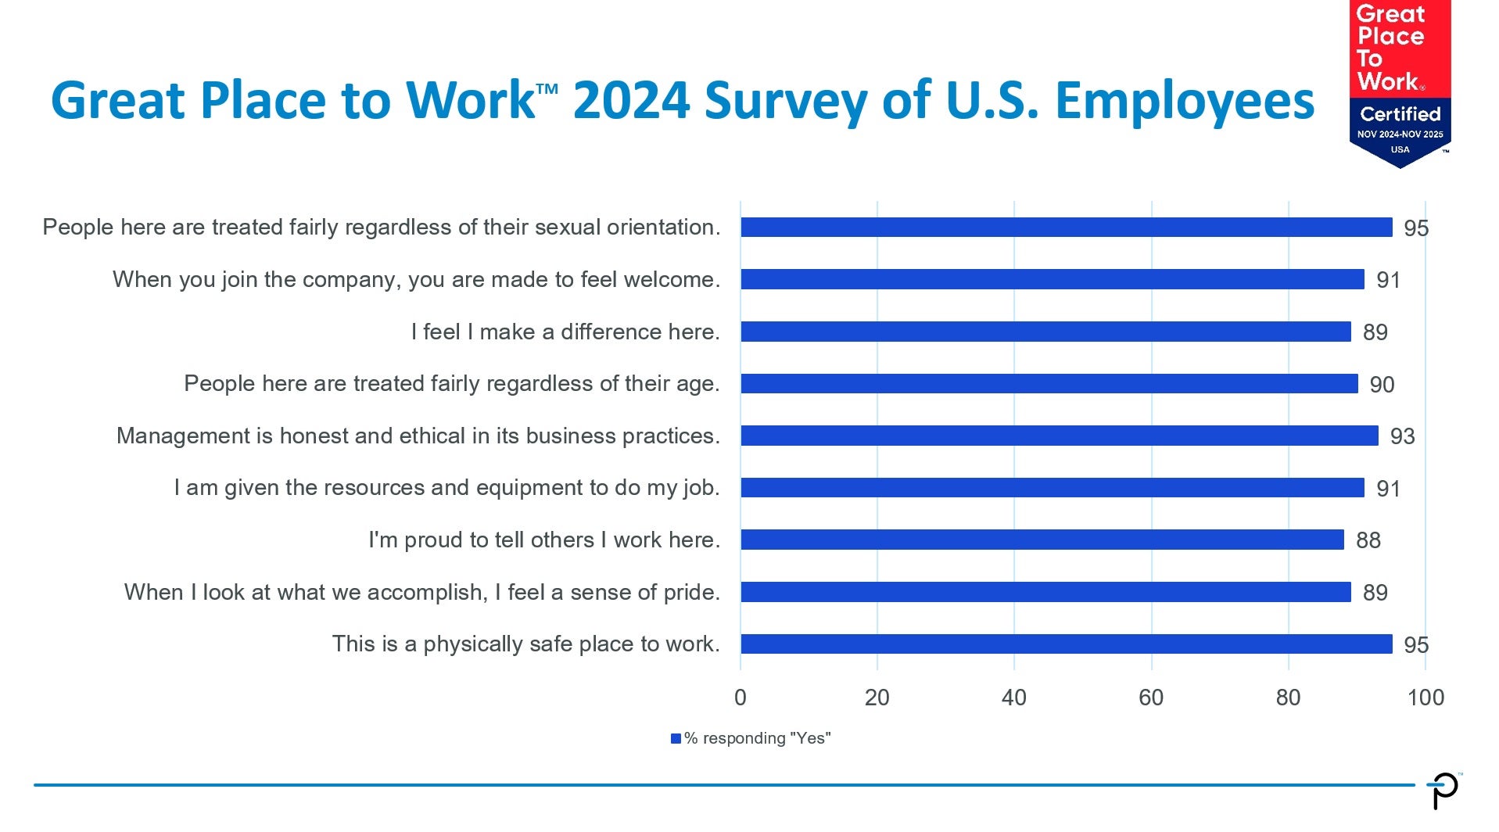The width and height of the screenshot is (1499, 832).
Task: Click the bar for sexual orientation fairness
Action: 1067,227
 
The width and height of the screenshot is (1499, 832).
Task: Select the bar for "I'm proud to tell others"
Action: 1042,540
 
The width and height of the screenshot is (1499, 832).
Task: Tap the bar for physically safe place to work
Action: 1067,644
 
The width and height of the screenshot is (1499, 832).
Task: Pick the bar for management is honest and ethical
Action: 1060,436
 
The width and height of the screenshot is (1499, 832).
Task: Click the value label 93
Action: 1403,436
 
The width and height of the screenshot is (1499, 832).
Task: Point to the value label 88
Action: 1368,540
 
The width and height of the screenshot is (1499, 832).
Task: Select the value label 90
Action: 1382,385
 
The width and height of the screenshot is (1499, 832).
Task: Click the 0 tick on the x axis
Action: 741,698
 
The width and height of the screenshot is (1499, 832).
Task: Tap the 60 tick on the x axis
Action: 1151,698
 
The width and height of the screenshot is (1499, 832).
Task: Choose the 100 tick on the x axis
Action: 1425,698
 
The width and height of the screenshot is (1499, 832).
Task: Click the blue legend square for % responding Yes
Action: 676,738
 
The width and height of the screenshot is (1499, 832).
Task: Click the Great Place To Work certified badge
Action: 1400,83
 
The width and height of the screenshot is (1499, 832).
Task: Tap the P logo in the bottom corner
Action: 1443,791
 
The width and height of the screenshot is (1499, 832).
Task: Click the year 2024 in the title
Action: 631,100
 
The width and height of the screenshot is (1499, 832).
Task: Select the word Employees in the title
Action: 1185,102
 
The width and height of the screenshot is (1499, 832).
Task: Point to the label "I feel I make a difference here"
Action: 565,332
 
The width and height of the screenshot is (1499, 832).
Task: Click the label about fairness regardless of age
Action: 452,384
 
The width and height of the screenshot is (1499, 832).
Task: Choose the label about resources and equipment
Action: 446,488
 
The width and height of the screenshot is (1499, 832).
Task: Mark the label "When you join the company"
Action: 417,280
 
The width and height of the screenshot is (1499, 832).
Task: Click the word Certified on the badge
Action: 1400,114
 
